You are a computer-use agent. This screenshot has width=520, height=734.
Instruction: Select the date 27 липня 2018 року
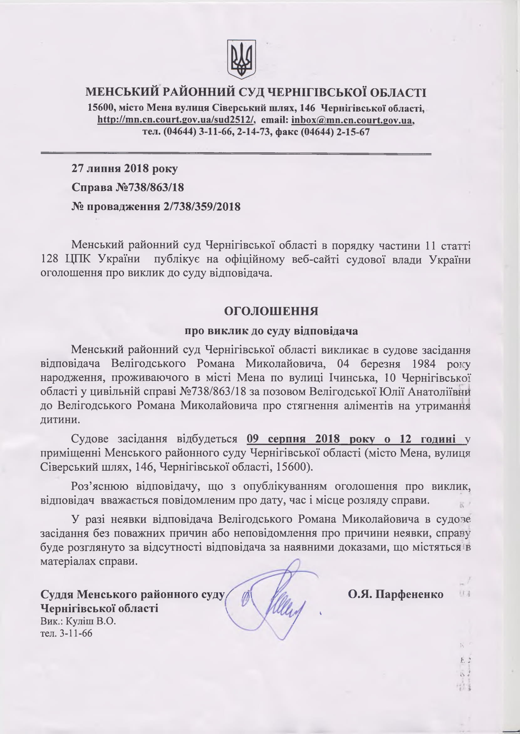pos(124,168)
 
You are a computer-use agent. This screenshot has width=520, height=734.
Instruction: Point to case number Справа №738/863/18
pos(128,187)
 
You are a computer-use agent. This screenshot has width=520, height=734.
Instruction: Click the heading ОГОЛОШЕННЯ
pos(271,311)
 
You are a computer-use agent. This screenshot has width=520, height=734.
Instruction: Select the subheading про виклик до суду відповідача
pos(271,330)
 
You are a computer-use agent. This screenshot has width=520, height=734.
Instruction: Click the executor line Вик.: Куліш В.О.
pos(78,622)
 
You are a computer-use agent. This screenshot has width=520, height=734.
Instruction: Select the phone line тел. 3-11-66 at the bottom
pos(66,633)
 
